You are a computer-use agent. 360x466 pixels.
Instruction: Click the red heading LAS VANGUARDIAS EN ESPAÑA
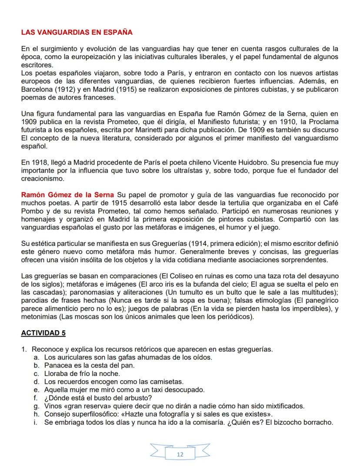77,32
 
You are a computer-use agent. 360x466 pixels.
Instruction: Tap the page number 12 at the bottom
180,454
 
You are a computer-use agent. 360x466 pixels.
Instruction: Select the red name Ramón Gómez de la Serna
67,194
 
